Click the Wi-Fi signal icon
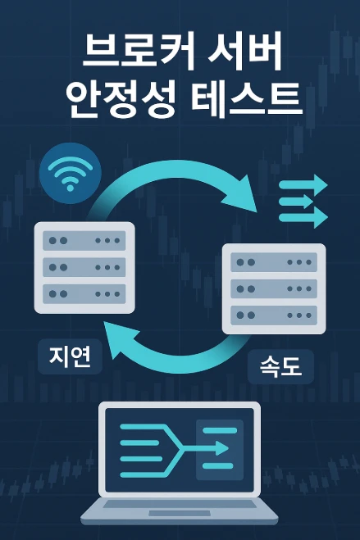pos(71,173)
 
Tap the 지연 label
pos(71,356)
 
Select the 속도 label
pos(280,366)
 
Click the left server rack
pos(84,268)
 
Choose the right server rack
pos(274,288)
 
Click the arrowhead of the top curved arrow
pos(243,195)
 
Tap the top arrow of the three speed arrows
pos(303,185)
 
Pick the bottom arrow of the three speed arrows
pos(303,217)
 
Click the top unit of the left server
pos(84,240)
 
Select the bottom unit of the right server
pos(274,315)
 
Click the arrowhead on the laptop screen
pos(221,448)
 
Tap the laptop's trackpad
pos(180,513)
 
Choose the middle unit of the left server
pos(84,267)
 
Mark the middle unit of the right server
pos(274,288)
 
